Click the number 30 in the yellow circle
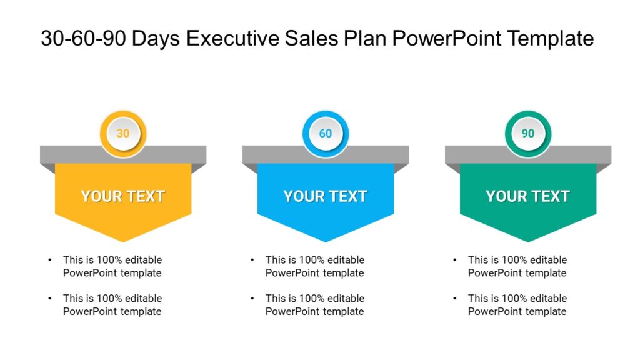[x=123, y=133]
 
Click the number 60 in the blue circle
[x=326, y=133]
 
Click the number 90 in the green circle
[x=528, y=133]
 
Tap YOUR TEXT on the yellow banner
[x=123, y=196]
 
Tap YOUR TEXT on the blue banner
[x=326, y=196]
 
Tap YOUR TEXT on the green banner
[x=528, y=196]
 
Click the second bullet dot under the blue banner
[x=252, y=299]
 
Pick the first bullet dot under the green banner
[x=455, y=260]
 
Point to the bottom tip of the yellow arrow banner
[x=123, y=241]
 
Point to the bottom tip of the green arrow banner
[x=528, y=241]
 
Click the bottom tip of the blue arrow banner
[x=326, y=241]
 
